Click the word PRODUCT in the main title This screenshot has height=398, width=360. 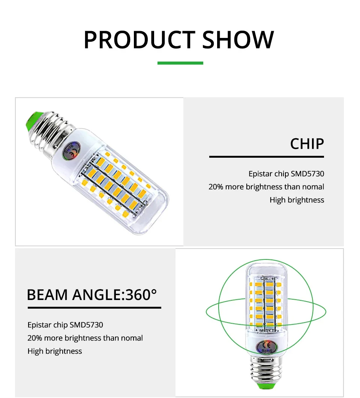coord(140,39)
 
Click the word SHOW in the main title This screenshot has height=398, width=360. coord(238,39)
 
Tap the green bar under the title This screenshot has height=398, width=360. coord(180,63)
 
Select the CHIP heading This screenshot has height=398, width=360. coord(307,144)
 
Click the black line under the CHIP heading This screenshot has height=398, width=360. coord(267,157)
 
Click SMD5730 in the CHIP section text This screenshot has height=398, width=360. coord(307,174)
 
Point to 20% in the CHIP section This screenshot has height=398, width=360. coord(216,187)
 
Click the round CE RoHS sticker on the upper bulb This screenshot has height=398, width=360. coord(72,151)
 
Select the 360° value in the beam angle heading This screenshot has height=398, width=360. coord(141,295)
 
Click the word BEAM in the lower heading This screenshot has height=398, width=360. coord(47,295)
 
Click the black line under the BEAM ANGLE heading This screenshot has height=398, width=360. coord(94,308)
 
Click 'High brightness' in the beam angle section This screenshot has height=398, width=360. coord(55,351)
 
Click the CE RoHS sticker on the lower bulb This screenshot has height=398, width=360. coord(267,347)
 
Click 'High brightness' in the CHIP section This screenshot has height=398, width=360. coord(297,200)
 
